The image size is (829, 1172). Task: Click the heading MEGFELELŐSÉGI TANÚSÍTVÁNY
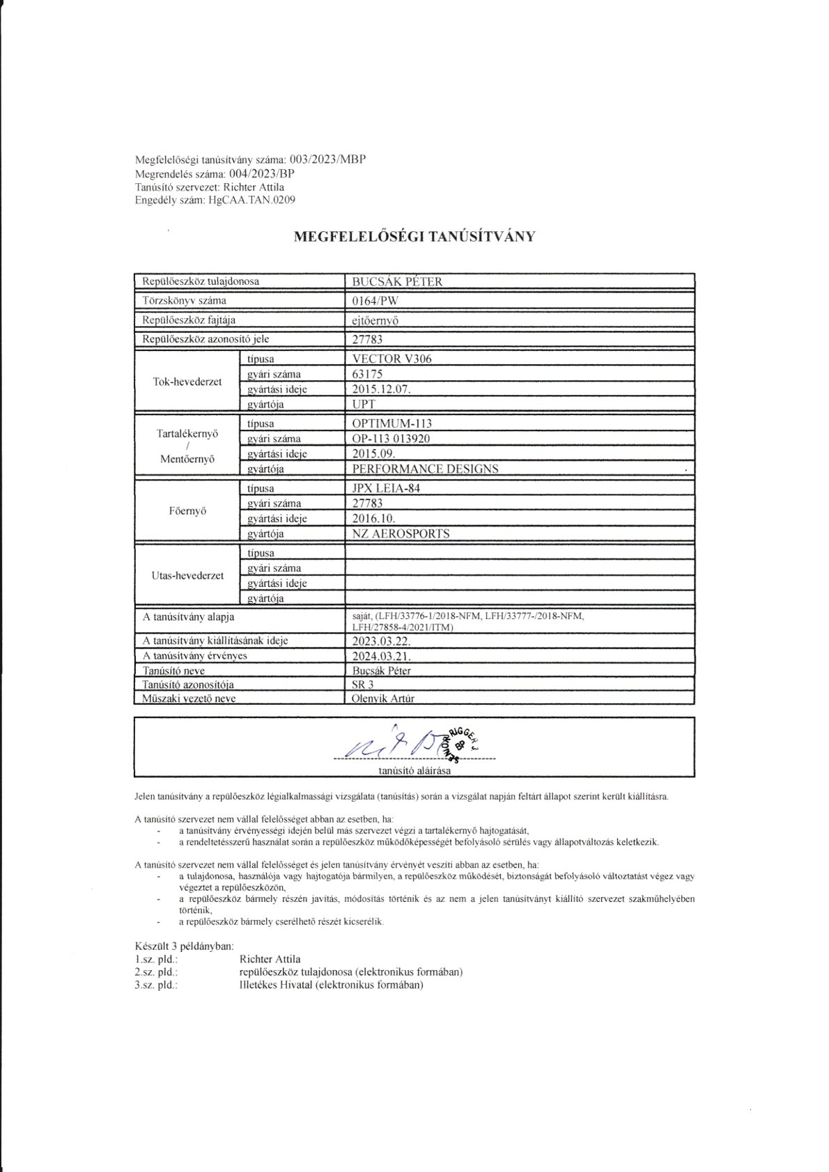pos(414,236)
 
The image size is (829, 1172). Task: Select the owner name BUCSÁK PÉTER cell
pos(398,281)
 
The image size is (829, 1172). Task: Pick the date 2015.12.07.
pos(382,389)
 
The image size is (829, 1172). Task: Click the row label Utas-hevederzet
pos(187,576)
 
